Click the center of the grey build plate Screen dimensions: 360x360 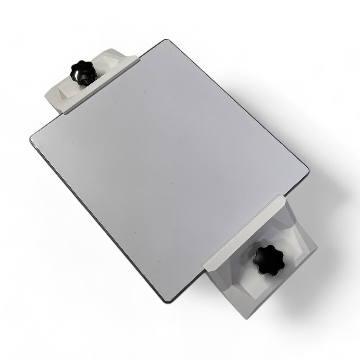pyautogui.click(x=169, y=170)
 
